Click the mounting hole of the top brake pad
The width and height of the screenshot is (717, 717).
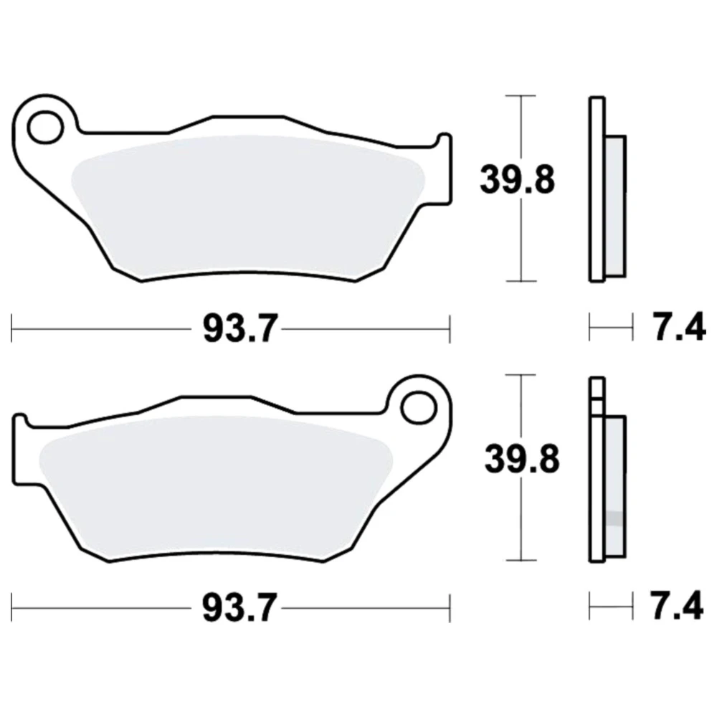[x=44, y=127]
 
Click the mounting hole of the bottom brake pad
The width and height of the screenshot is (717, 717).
[x=418, y=407]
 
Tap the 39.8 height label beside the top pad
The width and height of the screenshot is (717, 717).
[x=517, y=180]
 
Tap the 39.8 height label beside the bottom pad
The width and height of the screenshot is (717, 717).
[x=522, y=459]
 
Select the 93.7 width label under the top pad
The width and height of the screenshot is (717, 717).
[x=240, y=328]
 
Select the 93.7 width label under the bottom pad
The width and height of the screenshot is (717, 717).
[x=240, y=608]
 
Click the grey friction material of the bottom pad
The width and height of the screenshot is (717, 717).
[x=217, y=487]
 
